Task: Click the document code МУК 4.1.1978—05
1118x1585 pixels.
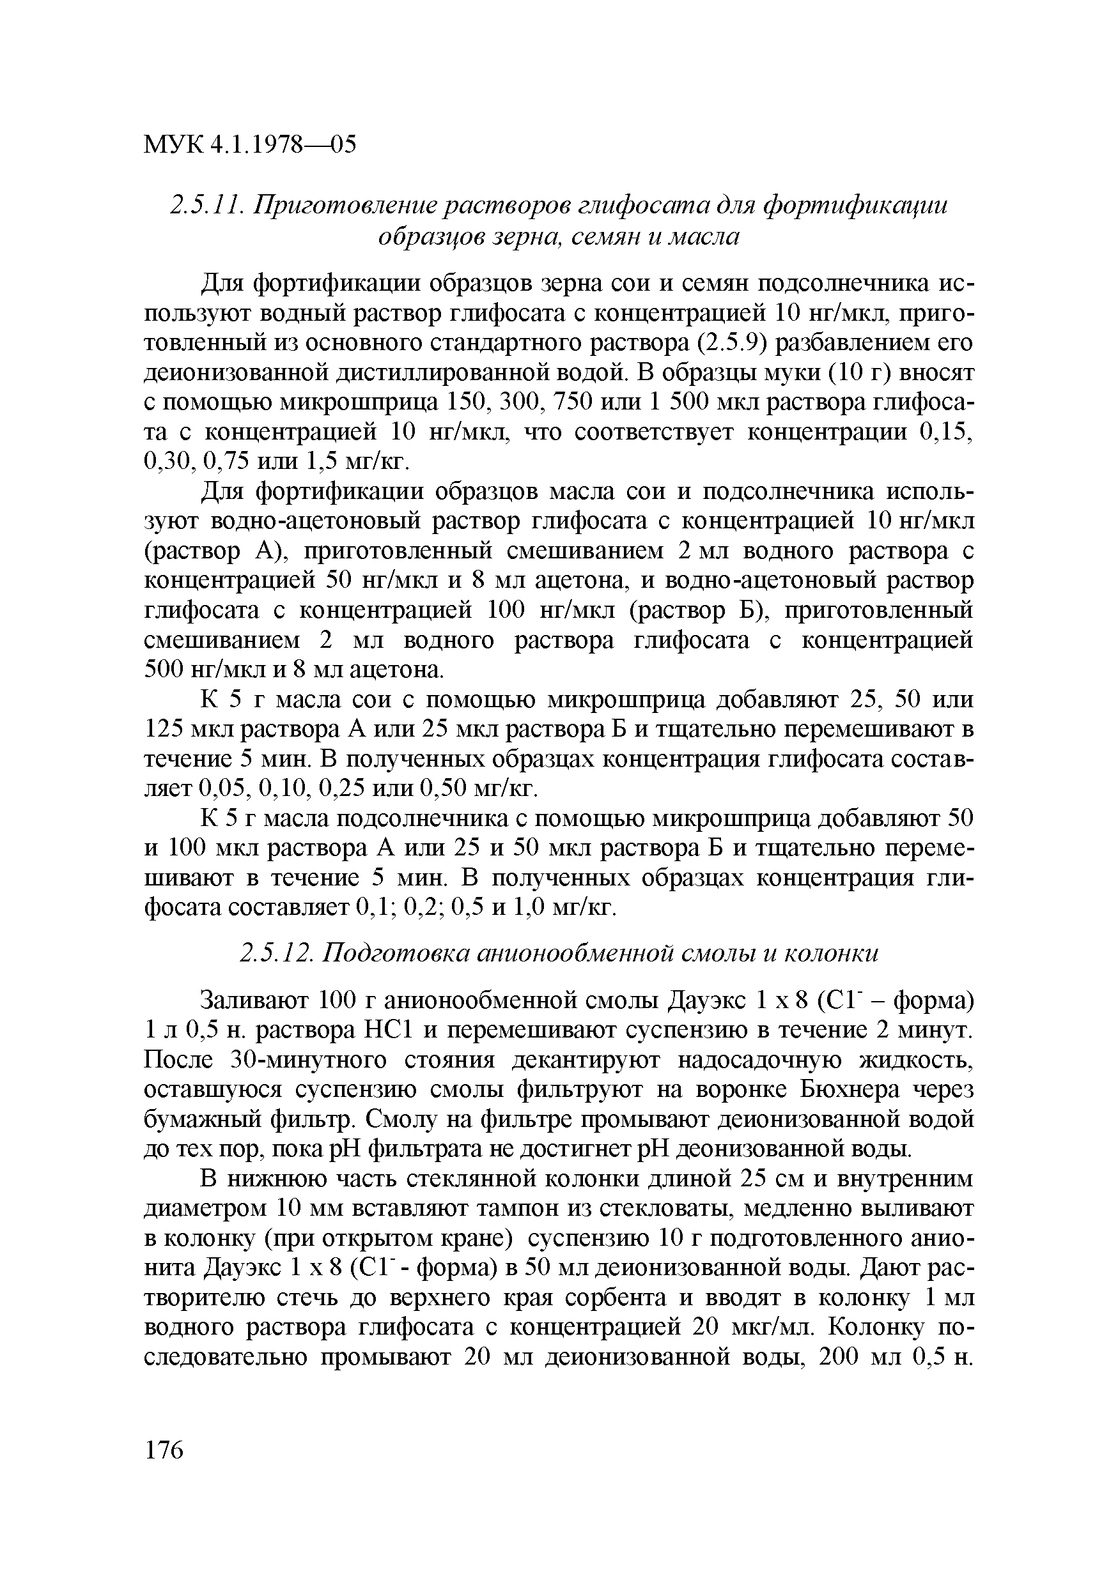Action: point(250,145)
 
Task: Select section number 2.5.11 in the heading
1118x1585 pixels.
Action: point(207,206)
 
